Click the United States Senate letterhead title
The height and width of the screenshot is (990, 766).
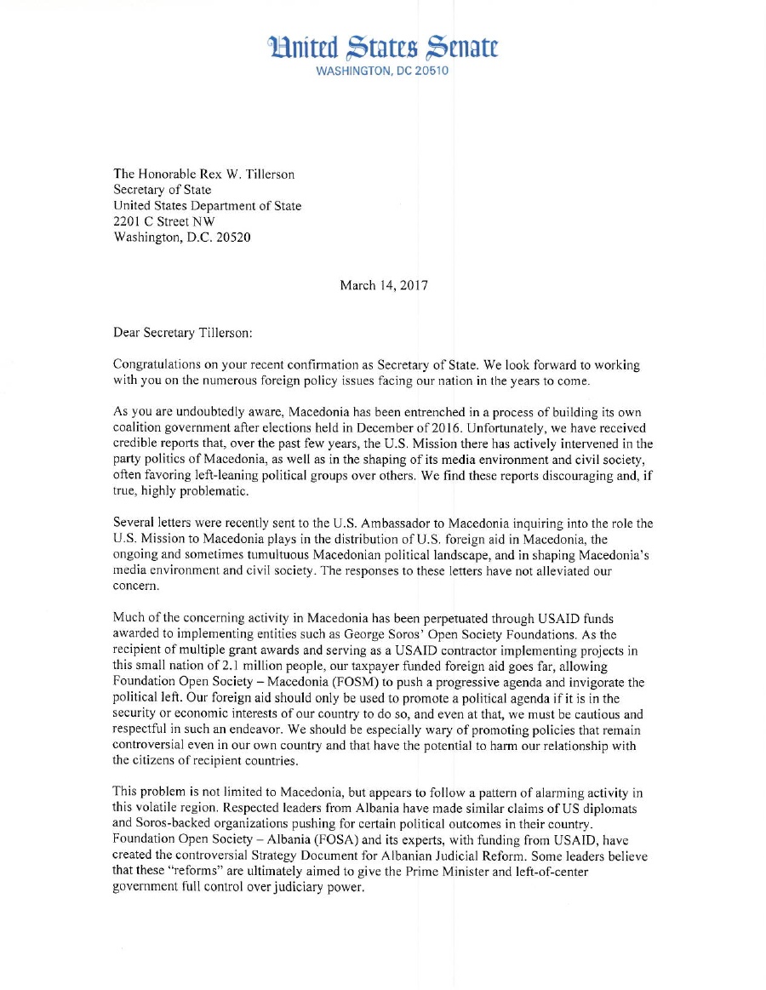pyautogui.click(x=383, y=46)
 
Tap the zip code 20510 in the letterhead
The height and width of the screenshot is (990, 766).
pyautogui.click(x=431, y=71)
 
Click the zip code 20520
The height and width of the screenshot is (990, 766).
pyautogui.click(x=232, y=237)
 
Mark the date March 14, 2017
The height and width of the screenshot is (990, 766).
pyautogui.click(x=384, y=285)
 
